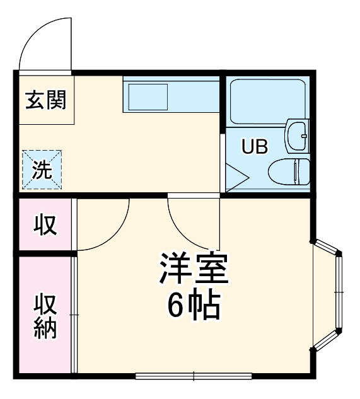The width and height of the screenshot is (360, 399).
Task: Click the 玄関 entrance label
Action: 45,100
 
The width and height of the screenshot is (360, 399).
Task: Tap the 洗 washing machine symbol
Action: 42,170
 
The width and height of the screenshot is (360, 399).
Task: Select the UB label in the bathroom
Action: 255,147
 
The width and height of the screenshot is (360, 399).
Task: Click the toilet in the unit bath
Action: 289,171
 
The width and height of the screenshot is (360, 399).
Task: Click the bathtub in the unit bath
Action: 268,100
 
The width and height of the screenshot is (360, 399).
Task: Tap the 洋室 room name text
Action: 193,270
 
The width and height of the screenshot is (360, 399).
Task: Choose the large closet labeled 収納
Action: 45,315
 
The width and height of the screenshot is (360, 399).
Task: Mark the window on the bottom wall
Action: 194,376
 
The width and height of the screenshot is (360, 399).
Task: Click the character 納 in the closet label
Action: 45,330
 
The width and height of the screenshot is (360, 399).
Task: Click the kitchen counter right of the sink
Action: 193,95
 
